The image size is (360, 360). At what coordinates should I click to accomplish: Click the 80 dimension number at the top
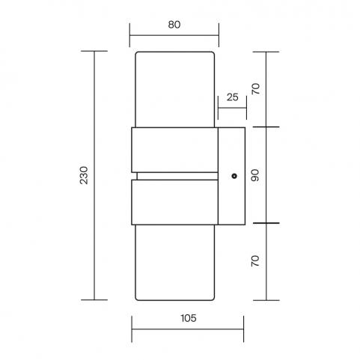click(x=174, y=25)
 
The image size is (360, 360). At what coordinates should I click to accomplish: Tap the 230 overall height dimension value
click(x=84, y=175)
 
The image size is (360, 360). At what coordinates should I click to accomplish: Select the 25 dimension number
click(x=232, y=97)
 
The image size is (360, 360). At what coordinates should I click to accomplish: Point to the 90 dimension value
click(x=255, y=175)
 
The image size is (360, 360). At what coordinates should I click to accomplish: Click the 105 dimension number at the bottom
click(x=189, y=318)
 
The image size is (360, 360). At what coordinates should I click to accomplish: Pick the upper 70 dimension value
click(x=256, y=89)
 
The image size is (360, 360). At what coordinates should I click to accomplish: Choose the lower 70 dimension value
click(x=255, y=261)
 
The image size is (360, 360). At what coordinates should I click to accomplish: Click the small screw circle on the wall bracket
click(x=234, y=176)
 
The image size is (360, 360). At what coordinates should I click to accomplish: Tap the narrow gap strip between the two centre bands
click(x=177, y=176)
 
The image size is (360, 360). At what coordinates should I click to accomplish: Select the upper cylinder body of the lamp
click(x=174, y=90)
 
